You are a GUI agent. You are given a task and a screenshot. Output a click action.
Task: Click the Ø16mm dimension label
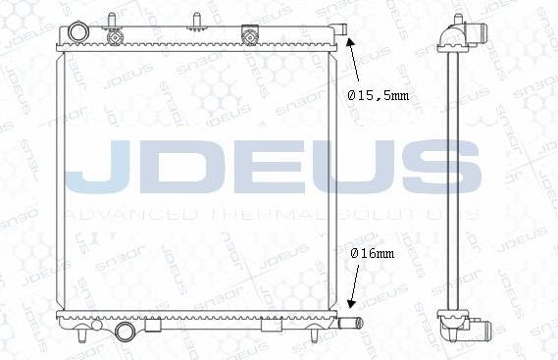click(x=373, y=253)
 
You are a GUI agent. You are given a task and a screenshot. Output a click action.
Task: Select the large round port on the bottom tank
click(x=125, y=334)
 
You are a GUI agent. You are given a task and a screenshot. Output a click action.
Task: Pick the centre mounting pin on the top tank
click(x=196, y=20)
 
